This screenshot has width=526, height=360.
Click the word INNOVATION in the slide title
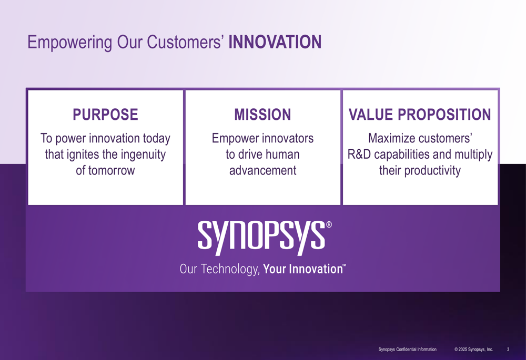275,42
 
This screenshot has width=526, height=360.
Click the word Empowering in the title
70,43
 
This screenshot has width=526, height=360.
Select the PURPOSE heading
105,115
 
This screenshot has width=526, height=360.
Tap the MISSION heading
262,115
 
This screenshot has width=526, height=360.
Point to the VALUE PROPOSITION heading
420,115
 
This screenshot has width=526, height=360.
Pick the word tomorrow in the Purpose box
112,170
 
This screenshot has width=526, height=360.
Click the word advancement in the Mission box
262,170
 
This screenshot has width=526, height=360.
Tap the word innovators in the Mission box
288,138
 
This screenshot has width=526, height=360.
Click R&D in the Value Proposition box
359,154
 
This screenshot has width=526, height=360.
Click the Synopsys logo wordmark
261,238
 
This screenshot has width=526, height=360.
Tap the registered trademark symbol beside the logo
329,224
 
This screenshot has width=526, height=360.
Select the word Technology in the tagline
230,270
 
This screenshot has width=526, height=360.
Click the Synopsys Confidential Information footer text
407,349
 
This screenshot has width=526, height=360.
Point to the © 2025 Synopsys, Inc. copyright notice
474,349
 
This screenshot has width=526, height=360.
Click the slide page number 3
508,349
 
